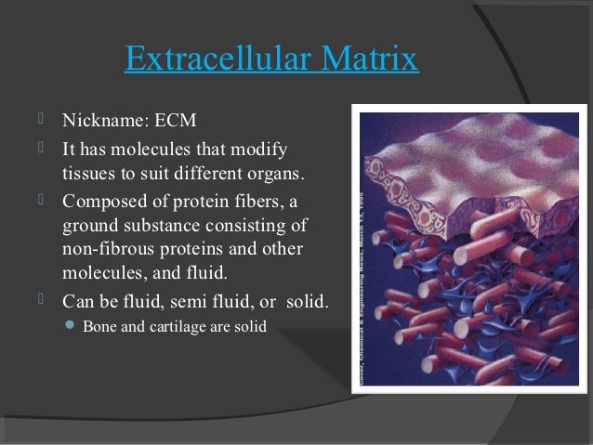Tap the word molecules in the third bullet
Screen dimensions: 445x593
[x=99, y=274]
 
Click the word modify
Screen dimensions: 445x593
[x=261, y=149]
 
